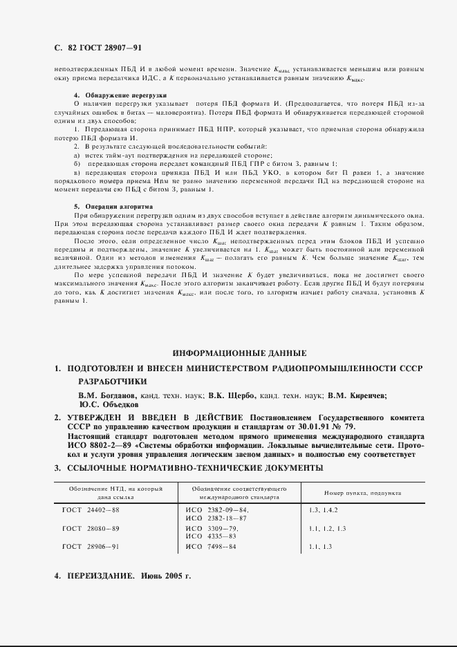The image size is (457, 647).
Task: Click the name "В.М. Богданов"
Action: tap(109, 396)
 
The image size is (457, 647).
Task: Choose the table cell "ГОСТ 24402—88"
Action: tap(91, 510)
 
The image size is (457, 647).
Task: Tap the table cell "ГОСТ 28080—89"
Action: tap(91, 528)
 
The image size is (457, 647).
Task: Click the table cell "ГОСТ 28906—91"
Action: tap(91, 547)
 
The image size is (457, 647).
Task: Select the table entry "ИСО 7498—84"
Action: tap(212, 547)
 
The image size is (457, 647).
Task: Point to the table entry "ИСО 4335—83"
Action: tap(212, 536)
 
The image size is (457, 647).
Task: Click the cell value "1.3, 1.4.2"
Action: tap(324, 510)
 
